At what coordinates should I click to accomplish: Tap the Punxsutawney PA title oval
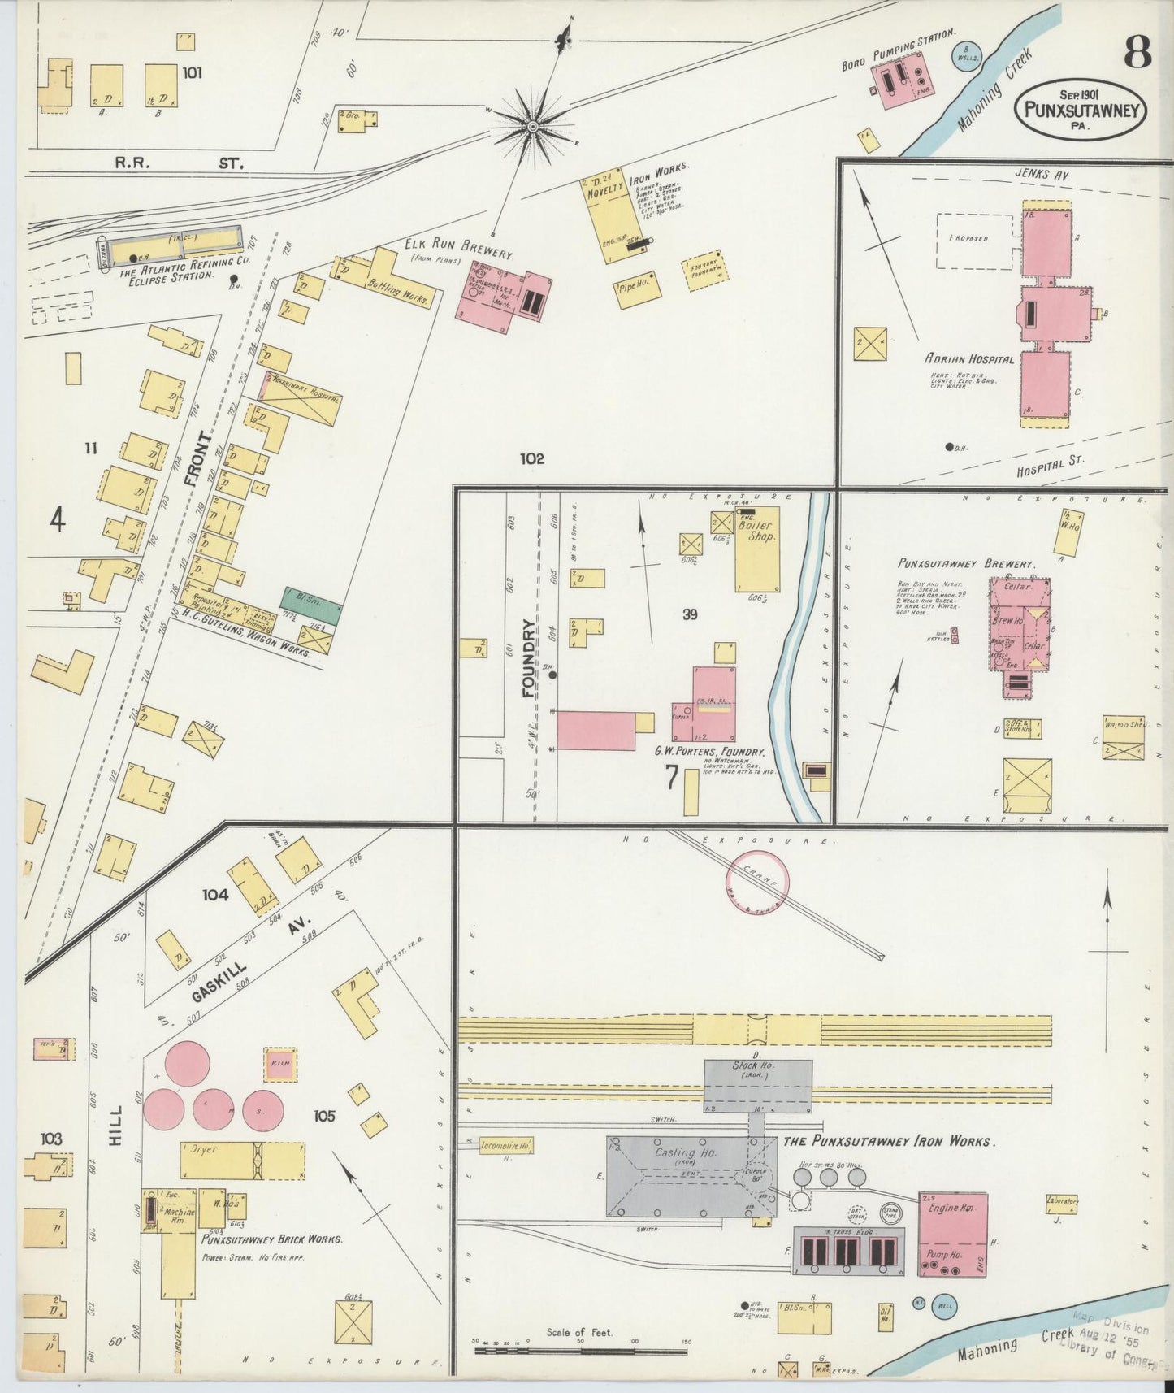pyautogui.click(x=1080, y=110)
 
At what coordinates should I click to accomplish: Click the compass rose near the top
pyautogui.click(x=532, y=126)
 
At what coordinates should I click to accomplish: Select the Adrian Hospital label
pyautogui.click(x=968, y=359)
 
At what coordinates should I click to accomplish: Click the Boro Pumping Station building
pyautogui.click(x=903, y=82)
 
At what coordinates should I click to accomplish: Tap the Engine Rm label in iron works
pyautogui.click(x=951, y=1208)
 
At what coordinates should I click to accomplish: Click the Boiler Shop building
pyautogui.click(x=756, y=549)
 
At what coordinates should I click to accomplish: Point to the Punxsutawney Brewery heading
pyautogui.click(x=965, y=563)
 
